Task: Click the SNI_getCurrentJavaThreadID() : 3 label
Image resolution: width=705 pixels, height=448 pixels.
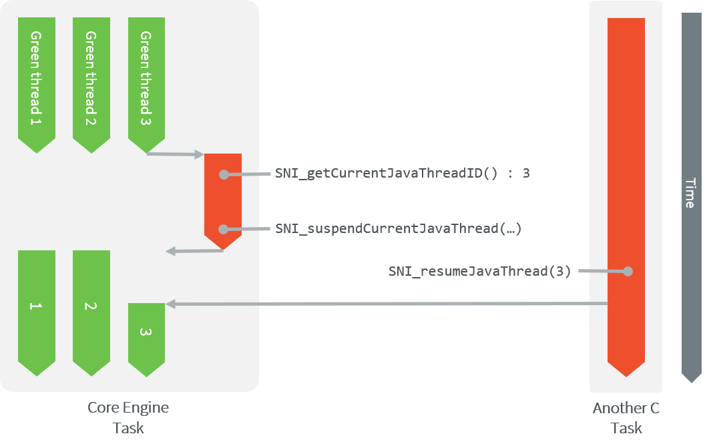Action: (403, 174)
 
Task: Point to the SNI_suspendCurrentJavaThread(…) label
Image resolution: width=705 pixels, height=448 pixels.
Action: (398, 229)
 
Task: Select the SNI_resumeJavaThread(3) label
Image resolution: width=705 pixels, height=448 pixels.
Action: (479, 272)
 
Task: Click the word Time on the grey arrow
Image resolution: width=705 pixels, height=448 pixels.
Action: (690, 193)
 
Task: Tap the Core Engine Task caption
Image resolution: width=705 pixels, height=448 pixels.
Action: (128, 417)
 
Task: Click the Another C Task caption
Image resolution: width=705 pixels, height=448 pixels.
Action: (626, 417)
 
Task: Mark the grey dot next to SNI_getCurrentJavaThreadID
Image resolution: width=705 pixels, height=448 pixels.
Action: (224, 174)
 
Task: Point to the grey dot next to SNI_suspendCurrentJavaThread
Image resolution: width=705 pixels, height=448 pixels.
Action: (224, 229)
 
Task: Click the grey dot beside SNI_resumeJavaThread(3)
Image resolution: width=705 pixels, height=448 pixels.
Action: (627, 272)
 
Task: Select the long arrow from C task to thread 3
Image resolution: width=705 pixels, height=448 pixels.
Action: (387, 304)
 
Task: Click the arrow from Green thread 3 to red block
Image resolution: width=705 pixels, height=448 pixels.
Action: (175, 154)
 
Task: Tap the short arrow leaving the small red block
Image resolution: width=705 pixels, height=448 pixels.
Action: (194, 251)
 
